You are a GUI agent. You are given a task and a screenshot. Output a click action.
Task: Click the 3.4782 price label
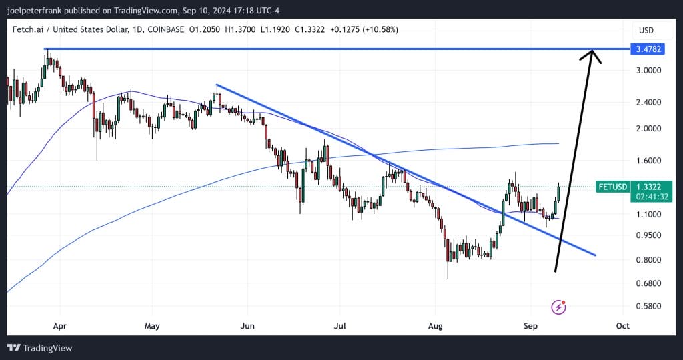[648, 49]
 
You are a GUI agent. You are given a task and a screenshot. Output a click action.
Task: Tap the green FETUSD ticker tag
[613, 187]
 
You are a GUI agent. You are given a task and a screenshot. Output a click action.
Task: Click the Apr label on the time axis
[60, 327]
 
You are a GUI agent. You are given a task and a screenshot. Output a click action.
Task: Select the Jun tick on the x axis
[247, 327]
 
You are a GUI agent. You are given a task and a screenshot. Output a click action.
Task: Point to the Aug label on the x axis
[435, 327]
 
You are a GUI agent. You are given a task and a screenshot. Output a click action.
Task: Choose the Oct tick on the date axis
[623, 327]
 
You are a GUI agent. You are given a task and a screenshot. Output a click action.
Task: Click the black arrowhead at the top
[591, 55]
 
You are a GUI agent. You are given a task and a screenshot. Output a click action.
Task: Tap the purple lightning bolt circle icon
[559, 307]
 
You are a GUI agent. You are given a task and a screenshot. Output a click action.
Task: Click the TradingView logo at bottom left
[39, 348]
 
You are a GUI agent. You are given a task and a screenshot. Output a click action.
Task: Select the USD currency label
[646, 31]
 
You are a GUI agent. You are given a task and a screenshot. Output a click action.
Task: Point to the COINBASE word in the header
[167, 31]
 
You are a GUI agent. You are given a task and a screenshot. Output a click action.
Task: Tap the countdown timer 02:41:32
[648, 197]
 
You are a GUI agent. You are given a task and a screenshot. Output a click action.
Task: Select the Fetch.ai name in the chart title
[29, 31]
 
